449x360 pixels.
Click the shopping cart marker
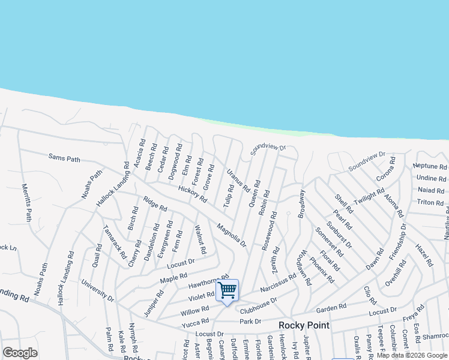click(228, 291)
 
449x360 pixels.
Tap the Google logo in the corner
click(20, 353)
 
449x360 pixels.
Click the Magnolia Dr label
click(232, 235)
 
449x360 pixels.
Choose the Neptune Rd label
click(430, 166)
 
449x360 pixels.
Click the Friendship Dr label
click(398, 242)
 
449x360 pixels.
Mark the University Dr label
click(98, 290)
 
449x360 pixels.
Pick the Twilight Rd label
click(369, 196)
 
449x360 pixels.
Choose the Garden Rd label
click(331, 307)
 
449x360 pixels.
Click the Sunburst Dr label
click(339, 234)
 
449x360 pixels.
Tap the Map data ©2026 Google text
click(411, 355)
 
